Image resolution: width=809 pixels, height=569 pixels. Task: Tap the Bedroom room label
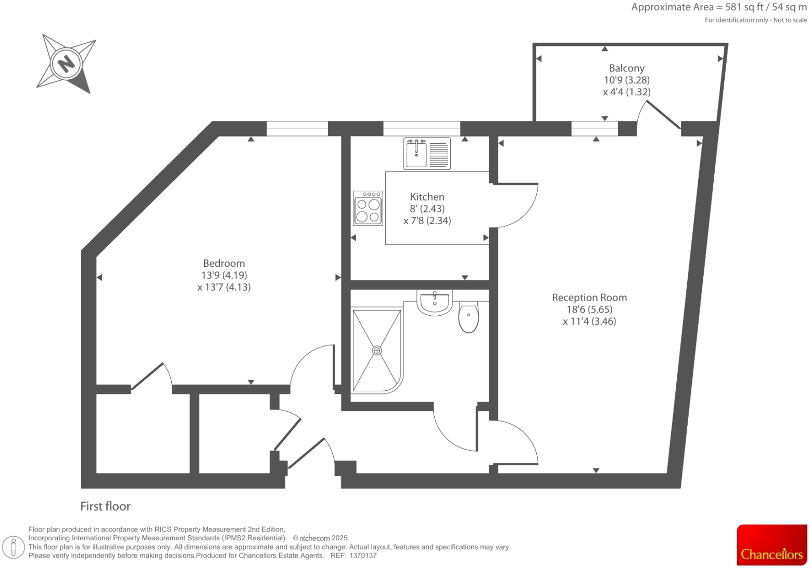[x=224, y=264]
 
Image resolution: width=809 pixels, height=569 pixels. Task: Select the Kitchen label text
[x=427, y=197]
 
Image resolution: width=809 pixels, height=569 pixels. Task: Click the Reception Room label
[x=589, y=298]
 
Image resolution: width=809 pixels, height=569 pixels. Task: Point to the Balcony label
[x=627, y=68]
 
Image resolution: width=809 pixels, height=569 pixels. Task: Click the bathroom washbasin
[x=435, y=303]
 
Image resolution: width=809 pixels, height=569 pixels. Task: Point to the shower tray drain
[x=377, y=351]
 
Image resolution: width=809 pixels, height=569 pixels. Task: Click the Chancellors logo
[x=772, y=546]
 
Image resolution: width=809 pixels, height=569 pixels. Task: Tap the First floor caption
[x=105, y=506]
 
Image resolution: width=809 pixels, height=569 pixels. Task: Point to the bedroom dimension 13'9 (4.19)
[x=224, y=275]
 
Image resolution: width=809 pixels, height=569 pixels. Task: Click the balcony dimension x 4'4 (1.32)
[x=627, y=92]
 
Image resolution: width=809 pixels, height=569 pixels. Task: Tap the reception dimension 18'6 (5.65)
[x=589, y=310]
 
